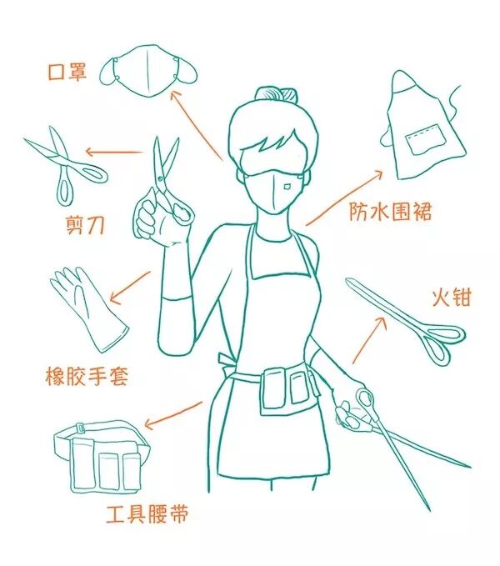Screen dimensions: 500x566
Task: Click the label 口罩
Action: click(67, 72)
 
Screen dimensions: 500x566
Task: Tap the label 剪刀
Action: click(86, 225)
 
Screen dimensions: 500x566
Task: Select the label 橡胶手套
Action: click(87, 376)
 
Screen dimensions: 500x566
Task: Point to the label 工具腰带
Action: click(147, 513)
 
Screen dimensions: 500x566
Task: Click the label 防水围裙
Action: click(390, 211)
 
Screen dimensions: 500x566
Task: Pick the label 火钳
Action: click(452, 298)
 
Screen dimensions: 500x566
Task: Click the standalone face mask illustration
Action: click(148, 72)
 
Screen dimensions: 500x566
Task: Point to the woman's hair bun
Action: click(276, 95)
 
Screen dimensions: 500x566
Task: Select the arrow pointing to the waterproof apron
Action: click(344, 198)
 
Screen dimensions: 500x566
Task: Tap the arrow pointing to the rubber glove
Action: click(130, 287)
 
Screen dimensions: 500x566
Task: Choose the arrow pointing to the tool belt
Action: click(173, 415)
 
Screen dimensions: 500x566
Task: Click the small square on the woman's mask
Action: click(287, 187)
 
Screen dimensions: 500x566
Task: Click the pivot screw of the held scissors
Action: click(160, 178)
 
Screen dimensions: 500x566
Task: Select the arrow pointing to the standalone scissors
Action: click(114, 153)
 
